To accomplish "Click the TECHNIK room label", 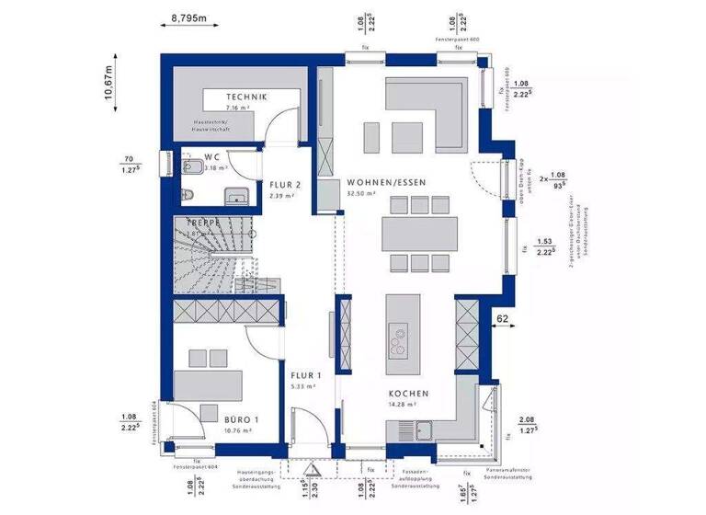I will (x=247, y=97).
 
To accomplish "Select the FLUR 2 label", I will (x=285, y=183).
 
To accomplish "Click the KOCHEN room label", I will (x=408, y=394).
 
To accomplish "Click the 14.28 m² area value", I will (x=408, y=405).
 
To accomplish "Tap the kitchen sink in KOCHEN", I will (x=425, y=429).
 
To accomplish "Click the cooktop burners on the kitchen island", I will (x=400, y=343).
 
